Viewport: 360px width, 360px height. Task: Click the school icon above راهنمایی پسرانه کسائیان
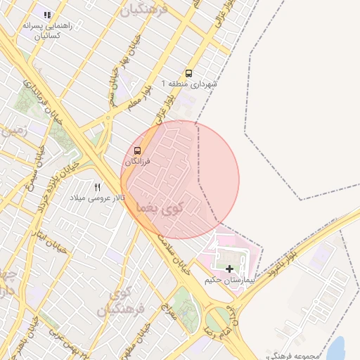coord(47,14)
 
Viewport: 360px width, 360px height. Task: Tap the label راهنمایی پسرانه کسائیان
coord(44,30)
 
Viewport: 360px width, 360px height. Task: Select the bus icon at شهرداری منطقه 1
coord(188,73)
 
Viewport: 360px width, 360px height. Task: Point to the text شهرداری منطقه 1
coord(189,84)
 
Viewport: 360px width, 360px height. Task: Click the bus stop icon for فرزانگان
coord(137,150)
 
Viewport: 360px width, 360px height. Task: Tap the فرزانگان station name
coord(138,161)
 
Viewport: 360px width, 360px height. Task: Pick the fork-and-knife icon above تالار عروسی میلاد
coord(98,187)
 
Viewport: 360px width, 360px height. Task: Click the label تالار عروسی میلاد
coord(97,198)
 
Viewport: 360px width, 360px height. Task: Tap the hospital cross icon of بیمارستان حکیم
coord(229,269)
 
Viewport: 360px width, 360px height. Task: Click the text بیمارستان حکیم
coord(229,280)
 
